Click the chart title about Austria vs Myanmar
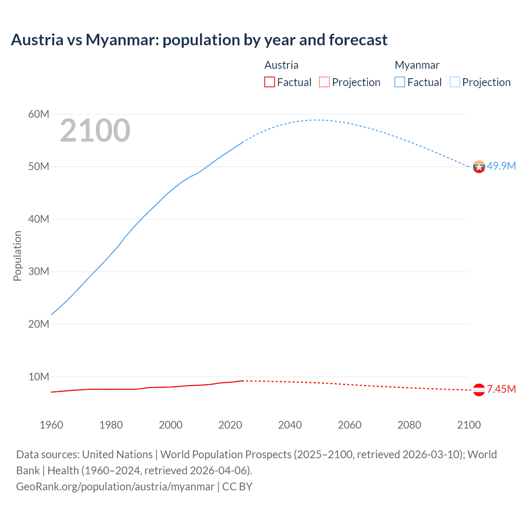(x=199, y=40)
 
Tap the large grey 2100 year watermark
(x=95, y=131)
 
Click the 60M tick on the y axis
(x=39, y=114)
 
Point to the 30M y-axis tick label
(x=39, y=272)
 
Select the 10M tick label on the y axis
(x=39, y=377)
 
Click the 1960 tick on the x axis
(x=51, y=425)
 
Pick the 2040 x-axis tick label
(x=290, y=425)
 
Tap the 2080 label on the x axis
(x=409, y=425)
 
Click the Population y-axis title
(x=17, y=256)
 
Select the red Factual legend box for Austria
(x=270, y=82)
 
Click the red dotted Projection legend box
(x=324, y=82)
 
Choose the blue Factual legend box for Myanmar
(x=400, y=82)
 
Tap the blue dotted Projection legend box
(x=455, y=82)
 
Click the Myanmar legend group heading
(x=417, y=65)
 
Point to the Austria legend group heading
(x=281, y=65)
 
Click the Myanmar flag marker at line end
(x=479, y=167)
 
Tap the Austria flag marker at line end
(x=479, y=389)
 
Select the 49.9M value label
(x=501, y=166)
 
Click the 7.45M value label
(x=501, y=389)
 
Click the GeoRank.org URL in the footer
(x=115, y=487)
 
